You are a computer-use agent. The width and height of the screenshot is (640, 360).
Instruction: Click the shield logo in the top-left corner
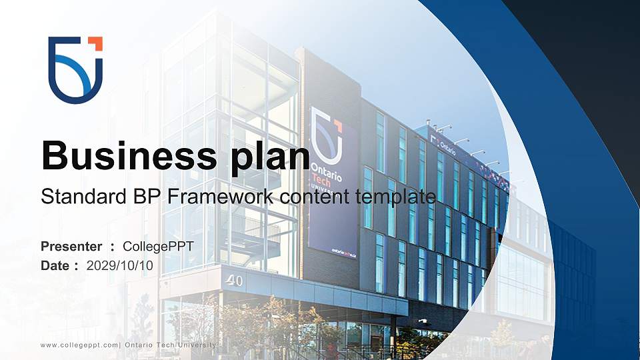75,69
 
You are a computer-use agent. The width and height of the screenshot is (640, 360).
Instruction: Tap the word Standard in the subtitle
77,197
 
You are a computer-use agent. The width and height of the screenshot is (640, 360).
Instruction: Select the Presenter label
71,247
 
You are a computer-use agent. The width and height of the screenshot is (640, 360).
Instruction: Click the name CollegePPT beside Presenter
159,247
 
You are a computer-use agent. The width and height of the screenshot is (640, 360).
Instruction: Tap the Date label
57,265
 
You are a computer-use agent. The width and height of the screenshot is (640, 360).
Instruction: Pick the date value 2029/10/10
120,265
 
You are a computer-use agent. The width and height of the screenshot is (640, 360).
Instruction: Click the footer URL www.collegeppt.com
79,344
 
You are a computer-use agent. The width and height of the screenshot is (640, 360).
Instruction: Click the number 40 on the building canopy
234,281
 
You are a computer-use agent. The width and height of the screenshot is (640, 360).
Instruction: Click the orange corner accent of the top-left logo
95,43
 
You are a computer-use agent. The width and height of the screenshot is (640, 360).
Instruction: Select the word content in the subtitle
304,197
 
